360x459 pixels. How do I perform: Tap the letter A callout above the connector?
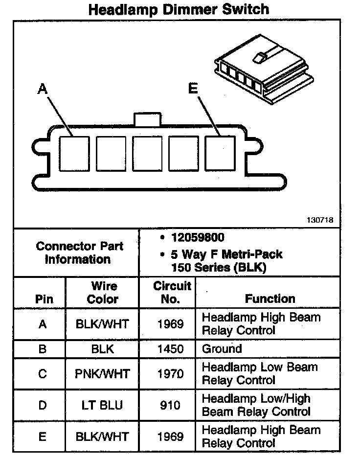pos(43,89)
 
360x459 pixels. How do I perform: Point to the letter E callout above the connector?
pos(193,88)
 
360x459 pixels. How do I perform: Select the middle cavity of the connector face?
pos(147,154)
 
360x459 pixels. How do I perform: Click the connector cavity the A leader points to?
pos(74,154)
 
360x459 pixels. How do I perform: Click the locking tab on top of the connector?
pos(147,120)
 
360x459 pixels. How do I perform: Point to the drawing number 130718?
pos(320,220)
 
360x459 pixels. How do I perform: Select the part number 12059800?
pos(198,238)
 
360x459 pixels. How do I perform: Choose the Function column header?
pos(270,298)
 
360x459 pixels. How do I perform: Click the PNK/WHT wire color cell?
pos(103,374)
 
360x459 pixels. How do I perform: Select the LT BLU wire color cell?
pos(103,405)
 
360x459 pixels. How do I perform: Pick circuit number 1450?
pos(170,349)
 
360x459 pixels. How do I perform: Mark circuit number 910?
pos(170,405)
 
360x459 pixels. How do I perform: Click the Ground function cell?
pos(222,349)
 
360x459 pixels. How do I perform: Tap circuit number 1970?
pos(170,374)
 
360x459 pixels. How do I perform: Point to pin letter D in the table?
pos(43,405)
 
